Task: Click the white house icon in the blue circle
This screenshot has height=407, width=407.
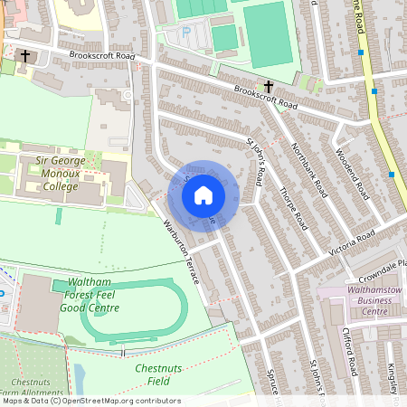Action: click(x=203, y=194)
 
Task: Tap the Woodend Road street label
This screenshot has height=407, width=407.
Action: click(x=352, y=174)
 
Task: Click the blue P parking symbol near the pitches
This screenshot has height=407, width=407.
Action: click(x=186, y=32)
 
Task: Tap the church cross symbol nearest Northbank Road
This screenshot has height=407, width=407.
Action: click(x=270, y=87)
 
